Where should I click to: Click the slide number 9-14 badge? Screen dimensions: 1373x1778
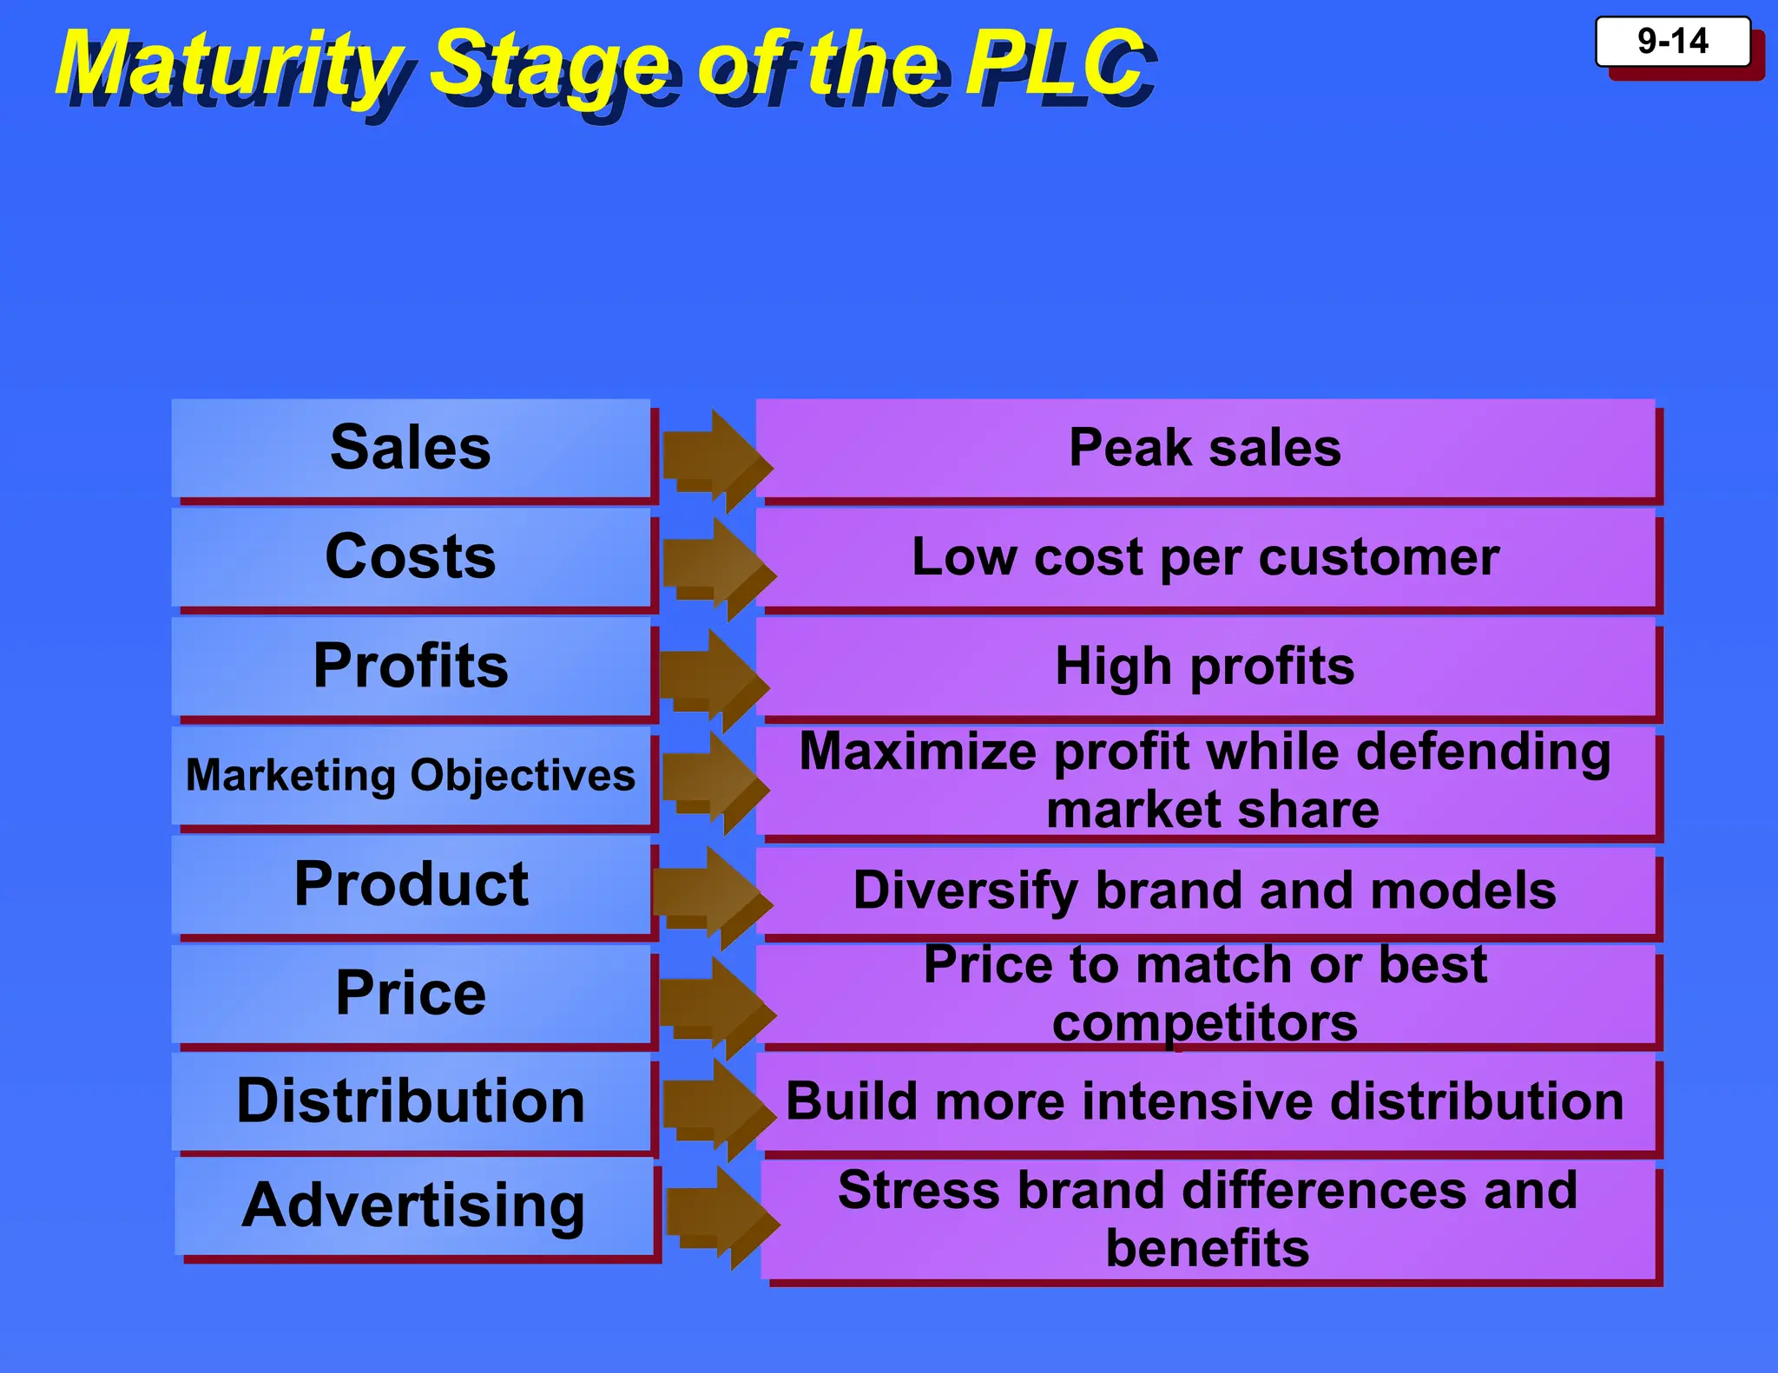click(x=1672, y=42)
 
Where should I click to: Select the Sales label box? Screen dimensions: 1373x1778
click(x=411, y=448)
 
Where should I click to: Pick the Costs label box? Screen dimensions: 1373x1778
click(x=411, y=556)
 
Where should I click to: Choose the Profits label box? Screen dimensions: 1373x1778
click(x=411, y=666)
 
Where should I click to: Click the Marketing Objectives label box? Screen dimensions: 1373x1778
click(x=411, y=775)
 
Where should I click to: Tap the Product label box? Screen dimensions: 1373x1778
click(x=411, y=884)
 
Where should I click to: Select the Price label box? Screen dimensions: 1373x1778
click(x=411, y=993)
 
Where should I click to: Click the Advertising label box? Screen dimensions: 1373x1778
click(x=413, y=1205)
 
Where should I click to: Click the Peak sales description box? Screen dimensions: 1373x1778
click(x=1205, y=448)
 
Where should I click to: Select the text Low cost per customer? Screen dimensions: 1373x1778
click(x=1205, y=556)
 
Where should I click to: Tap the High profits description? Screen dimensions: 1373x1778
click(x=1205, y=666)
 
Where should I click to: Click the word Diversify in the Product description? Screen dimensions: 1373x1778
click(x=965, y=890)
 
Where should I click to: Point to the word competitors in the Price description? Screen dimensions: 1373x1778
click(x=1205, y=1023)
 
